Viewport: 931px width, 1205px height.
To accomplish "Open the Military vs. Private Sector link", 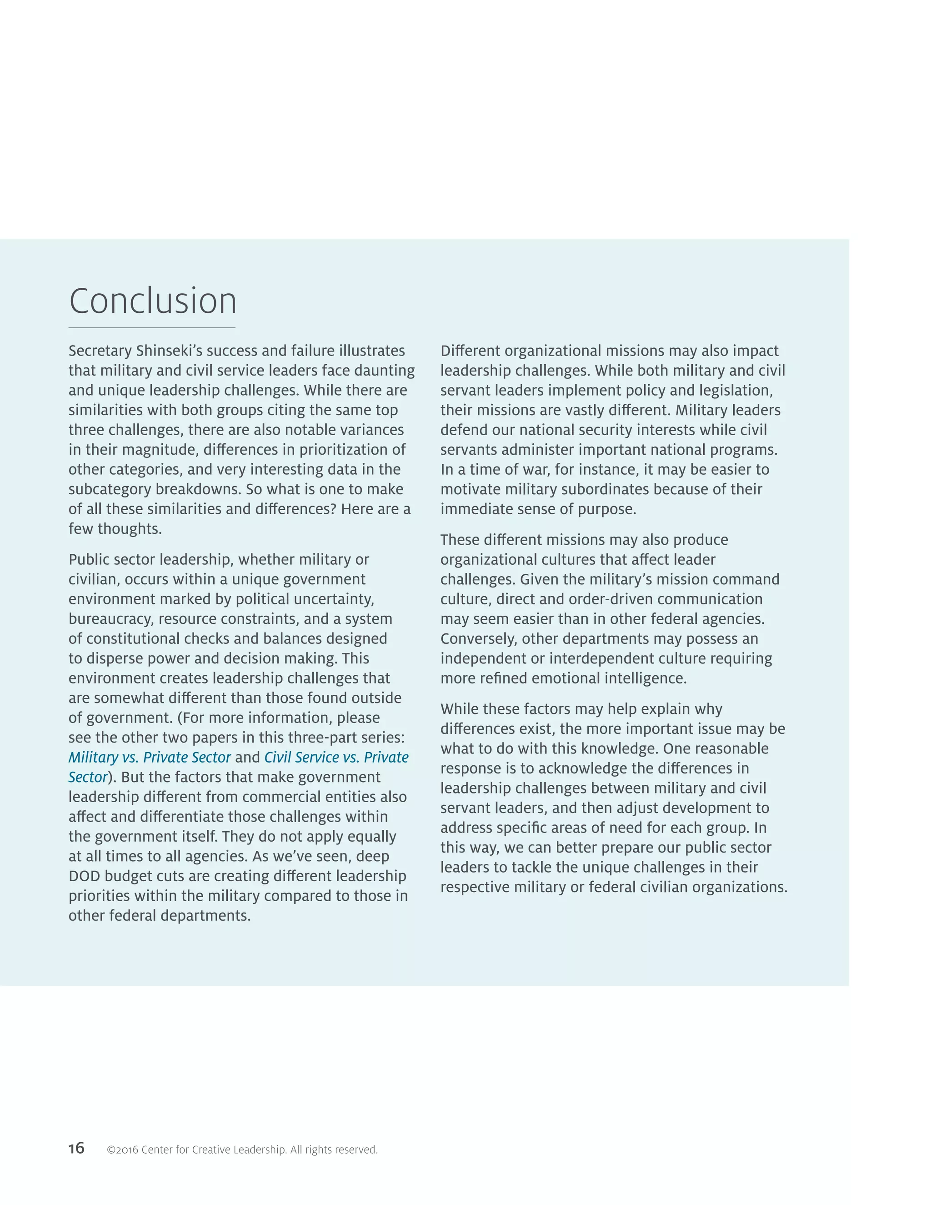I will tap(150, 758).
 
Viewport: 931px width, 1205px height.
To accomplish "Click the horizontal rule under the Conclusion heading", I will tap(152, 328).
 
